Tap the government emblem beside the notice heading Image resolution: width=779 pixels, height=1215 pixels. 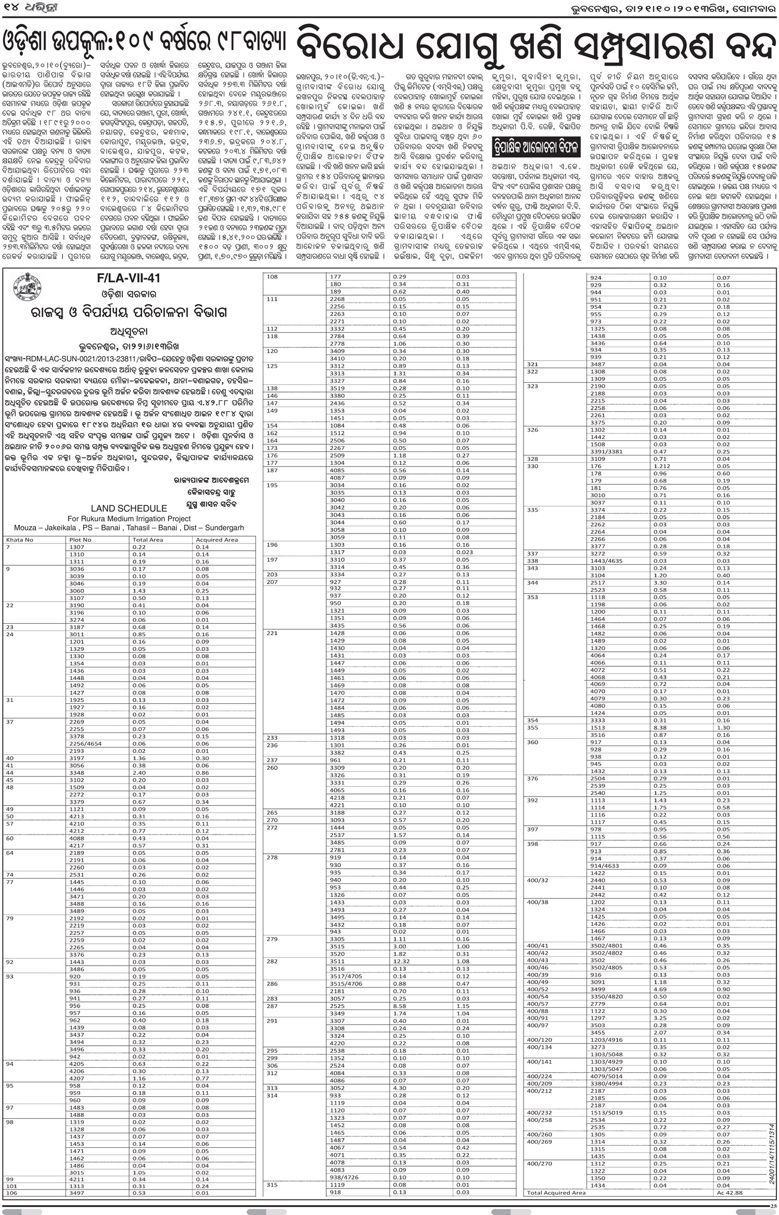click(x=26, y=287)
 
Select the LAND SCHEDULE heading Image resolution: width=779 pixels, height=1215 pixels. click(x=129, y=508)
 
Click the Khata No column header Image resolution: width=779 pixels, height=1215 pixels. click(x=20, y=540)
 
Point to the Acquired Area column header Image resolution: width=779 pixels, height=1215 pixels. click(x=216, y=540)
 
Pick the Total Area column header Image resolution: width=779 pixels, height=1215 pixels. click(x=148, y=540)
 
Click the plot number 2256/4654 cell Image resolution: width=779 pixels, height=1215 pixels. click(x=86, y=744)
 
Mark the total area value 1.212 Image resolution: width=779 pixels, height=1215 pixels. click(x=662, y=466)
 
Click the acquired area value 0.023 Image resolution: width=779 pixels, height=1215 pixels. click(x=465, y=552)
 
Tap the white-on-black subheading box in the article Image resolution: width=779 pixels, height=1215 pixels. click(x=536, y=148)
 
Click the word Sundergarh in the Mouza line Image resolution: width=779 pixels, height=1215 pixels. click(x=224, y=528)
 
